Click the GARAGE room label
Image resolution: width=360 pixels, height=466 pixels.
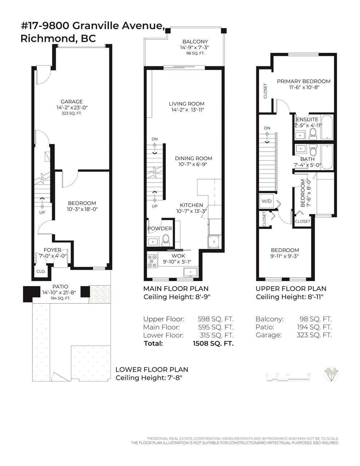tap(71, 102)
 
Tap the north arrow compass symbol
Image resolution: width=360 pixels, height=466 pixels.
tap(331, 374)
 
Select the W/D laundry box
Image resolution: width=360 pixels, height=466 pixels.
tap(266, 201)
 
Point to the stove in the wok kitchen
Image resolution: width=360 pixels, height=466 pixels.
tap(152, 261)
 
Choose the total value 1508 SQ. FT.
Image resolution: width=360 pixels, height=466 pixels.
tap(213, 343)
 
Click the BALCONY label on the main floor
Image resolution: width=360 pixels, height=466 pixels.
tap(195, 42)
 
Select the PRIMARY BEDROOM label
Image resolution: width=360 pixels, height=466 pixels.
tap(304, 81)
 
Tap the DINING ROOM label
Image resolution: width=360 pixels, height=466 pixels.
tap(193, 158)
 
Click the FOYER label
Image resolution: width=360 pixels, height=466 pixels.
tap(52, 250)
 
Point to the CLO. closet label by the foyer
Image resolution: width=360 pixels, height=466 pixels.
tap(41, 271)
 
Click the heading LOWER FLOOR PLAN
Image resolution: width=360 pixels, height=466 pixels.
tap(152, 370)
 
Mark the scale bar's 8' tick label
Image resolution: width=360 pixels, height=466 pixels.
tap(309, 375)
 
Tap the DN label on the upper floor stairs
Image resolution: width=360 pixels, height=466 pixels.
tap(267, 128)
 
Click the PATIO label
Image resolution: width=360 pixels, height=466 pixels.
tap(60, 287)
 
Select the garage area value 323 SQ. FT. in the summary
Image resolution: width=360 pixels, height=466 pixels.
tap(314, 335)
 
